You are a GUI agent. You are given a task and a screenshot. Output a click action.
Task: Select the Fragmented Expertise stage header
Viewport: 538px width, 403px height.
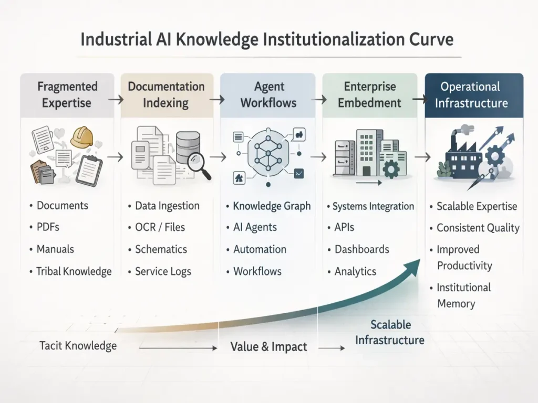click(x=67, y=94)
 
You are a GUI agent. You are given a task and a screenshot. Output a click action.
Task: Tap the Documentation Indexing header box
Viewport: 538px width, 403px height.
click(x=166, y=94)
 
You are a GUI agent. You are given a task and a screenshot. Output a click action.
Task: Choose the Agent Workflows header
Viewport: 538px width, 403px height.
click(x=269, y=94)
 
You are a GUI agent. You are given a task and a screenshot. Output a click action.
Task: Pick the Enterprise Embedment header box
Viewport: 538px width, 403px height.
click(x=370, y=94)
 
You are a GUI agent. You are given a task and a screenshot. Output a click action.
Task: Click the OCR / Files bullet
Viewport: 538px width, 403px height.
click(x=160, y=228)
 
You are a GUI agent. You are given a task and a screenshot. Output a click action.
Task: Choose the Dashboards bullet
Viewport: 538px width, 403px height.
click(x=361, y=249)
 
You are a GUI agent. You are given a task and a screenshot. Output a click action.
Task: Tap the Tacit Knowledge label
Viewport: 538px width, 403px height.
click(x=78, y=345)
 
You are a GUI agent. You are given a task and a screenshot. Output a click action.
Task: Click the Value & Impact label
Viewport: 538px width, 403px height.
click(x=268, y=347)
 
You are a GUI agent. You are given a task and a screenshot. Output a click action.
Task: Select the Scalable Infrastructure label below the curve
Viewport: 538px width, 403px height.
click(x=390, y=332)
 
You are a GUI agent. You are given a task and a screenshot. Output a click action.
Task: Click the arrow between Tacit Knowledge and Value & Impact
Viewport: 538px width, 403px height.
click(x=179, y=347)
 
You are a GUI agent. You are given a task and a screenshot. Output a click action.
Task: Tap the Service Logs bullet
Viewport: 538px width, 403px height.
click(x=163, y=271)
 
